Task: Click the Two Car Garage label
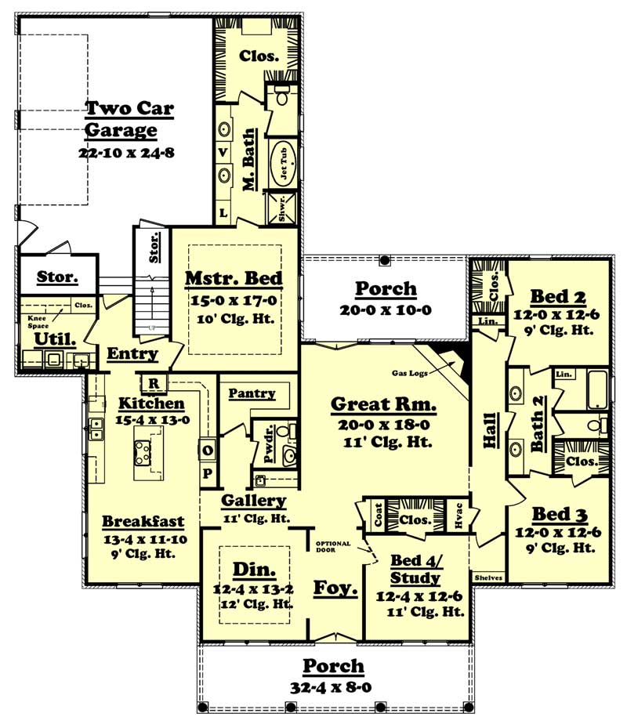click(129, 118)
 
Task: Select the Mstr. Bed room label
click(234, 278)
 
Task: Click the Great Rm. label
click(383, 404)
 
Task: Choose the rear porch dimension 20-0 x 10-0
click(386, 310)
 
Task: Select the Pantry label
click(252, 393)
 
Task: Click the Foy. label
click(336, 588)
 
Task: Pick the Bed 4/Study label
click(416, 569)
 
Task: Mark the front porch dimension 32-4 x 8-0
click(334, 687)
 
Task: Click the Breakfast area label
click(143, 521)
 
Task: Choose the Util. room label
click(55, 339)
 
